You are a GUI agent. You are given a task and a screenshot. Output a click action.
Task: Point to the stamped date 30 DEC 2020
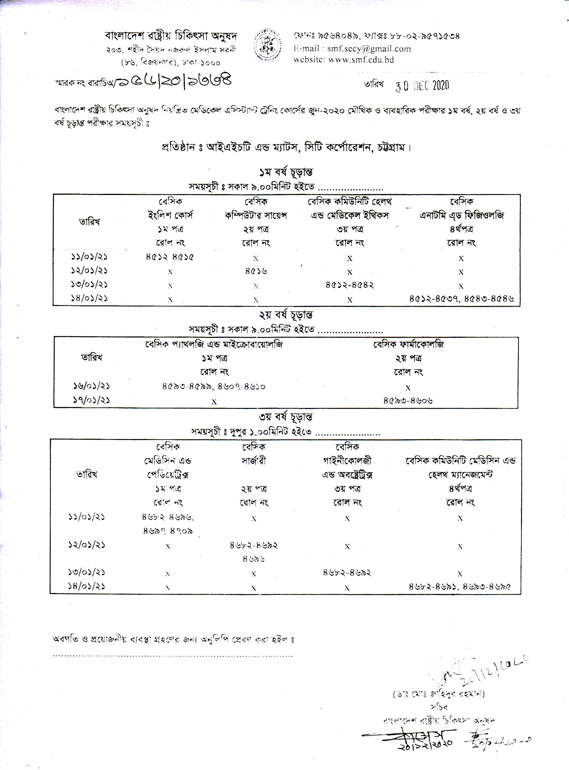tap(422, 85)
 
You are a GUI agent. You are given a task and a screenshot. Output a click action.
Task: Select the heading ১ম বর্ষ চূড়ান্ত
tap(286, 172)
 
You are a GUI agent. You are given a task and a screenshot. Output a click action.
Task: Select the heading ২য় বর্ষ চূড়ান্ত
tap(286, 315)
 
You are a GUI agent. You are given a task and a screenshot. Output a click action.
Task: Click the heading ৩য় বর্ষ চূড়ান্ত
tap(286, 417)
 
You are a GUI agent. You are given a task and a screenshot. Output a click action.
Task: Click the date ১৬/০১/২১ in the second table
tap(91, 386)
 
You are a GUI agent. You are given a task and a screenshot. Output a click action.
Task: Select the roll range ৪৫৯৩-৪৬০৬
tap(408, 400)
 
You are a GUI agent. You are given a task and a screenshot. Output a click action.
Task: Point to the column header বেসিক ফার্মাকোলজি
tap(409, 344)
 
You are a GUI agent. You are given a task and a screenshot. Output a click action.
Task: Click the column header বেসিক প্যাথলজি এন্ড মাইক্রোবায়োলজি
tap(214, 344)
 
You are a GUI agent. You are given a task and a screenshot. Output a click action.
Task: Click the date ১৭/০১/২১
tap(91, 400)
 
